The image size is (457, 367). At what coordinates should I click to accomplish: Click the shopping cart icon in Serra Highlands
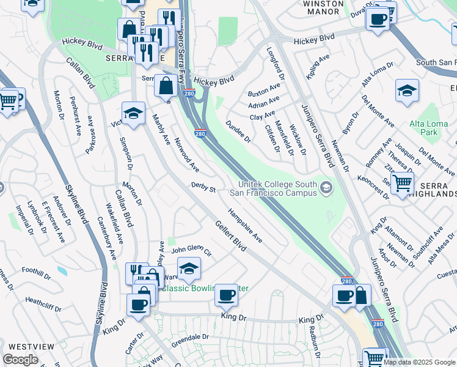tap(401, 182)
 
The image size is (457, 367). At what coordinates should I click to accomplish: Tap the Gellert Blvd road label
tap(230, 236)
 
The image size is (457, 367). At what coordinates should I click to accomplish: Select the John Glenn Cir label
tap(191, 251)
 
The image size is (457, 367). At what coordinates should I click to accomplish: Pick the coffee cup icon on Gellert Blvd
tap(227, 295)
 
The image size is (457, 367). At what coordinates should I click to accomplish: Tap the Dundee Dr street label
tap(238, 131)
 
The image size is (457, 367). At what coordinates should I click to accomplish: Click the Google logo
tap(20, 360)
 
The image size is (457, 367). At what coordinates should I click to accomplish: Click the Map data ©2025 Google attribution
tap(419, 362)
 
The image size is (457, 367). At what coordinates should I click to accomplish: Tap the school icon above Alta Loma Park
tap(407, 91)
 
